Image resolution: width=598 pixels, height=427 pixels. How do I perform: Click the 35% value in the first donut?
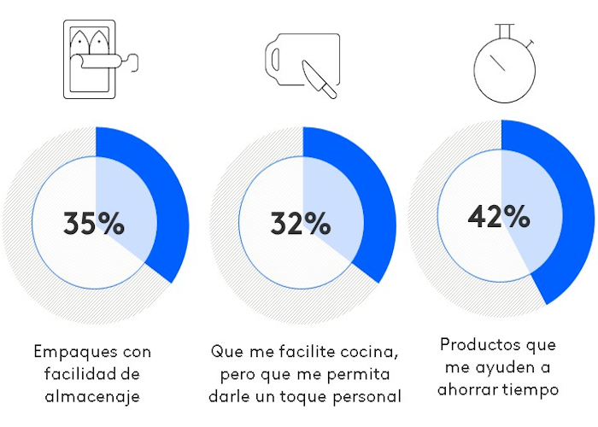click(x=94, y=224)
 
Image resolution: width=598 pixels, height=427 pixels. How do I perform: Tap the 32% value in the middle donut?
click(x=301, y=224)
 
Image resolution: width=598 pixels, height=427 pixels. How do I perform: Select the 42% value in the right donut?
click(x=499, y=216)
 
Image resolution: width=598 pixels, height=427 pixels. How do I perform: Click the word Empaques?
click(x=67, y=352)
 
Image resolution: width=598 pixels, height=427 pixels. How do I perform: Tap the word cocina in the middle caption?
click(x=373, y=352)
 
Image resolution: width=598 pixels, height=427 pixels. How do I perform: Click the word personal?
click(x=368, y=396)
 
